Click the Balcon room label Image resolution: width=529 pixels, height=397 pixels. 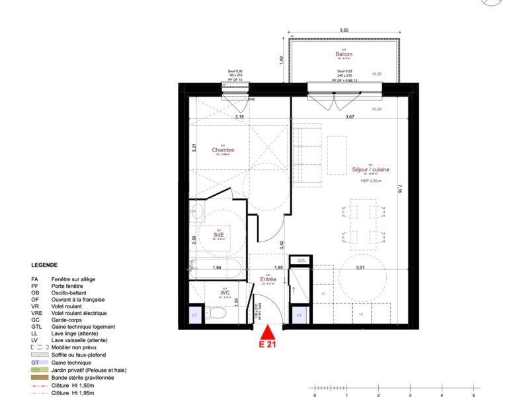coord(343,54)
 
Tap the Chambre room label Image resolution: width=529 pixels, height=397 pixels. coord(223,150)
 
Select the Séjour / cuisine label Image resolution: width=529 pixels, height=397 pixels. coord(371,169)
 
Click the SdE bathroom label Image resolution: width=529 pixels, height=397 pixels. coord(218,235)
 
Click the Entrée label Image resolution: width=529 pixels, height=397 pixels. coord(268,280)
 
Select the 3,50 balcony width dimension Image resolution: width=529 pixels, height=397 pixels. coord(343,31)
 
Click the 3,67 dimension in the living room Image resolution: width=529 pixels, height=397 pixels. coord(350,117)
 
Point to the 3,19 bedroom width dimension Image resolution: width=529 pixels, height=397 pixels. coord(239,117)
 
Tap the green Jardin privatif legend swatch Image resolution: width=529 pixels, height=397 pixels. coord(37,369)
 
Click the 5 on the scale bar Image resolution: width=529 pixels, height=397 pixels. coord(473,394)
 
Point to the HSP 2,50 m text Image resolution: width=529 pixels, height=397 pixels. coord(370,179)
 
